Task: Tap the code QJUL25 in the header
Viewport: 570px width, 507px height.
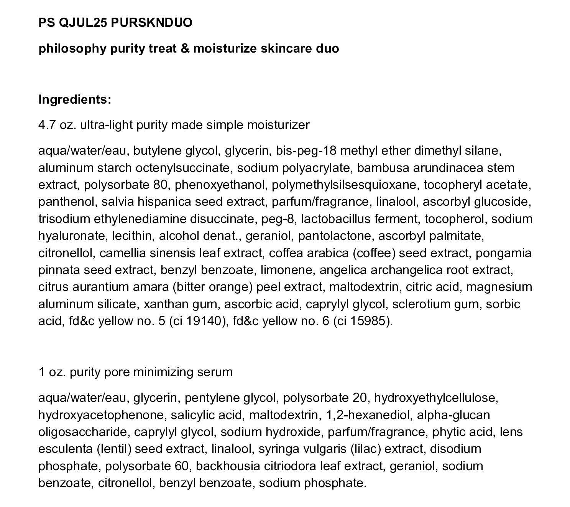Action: point(78,23)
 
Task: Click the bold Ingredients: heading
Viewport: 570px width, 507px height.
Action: point(75,99)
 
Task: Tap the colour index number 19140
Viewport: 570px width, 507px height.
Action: point(203,321)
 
